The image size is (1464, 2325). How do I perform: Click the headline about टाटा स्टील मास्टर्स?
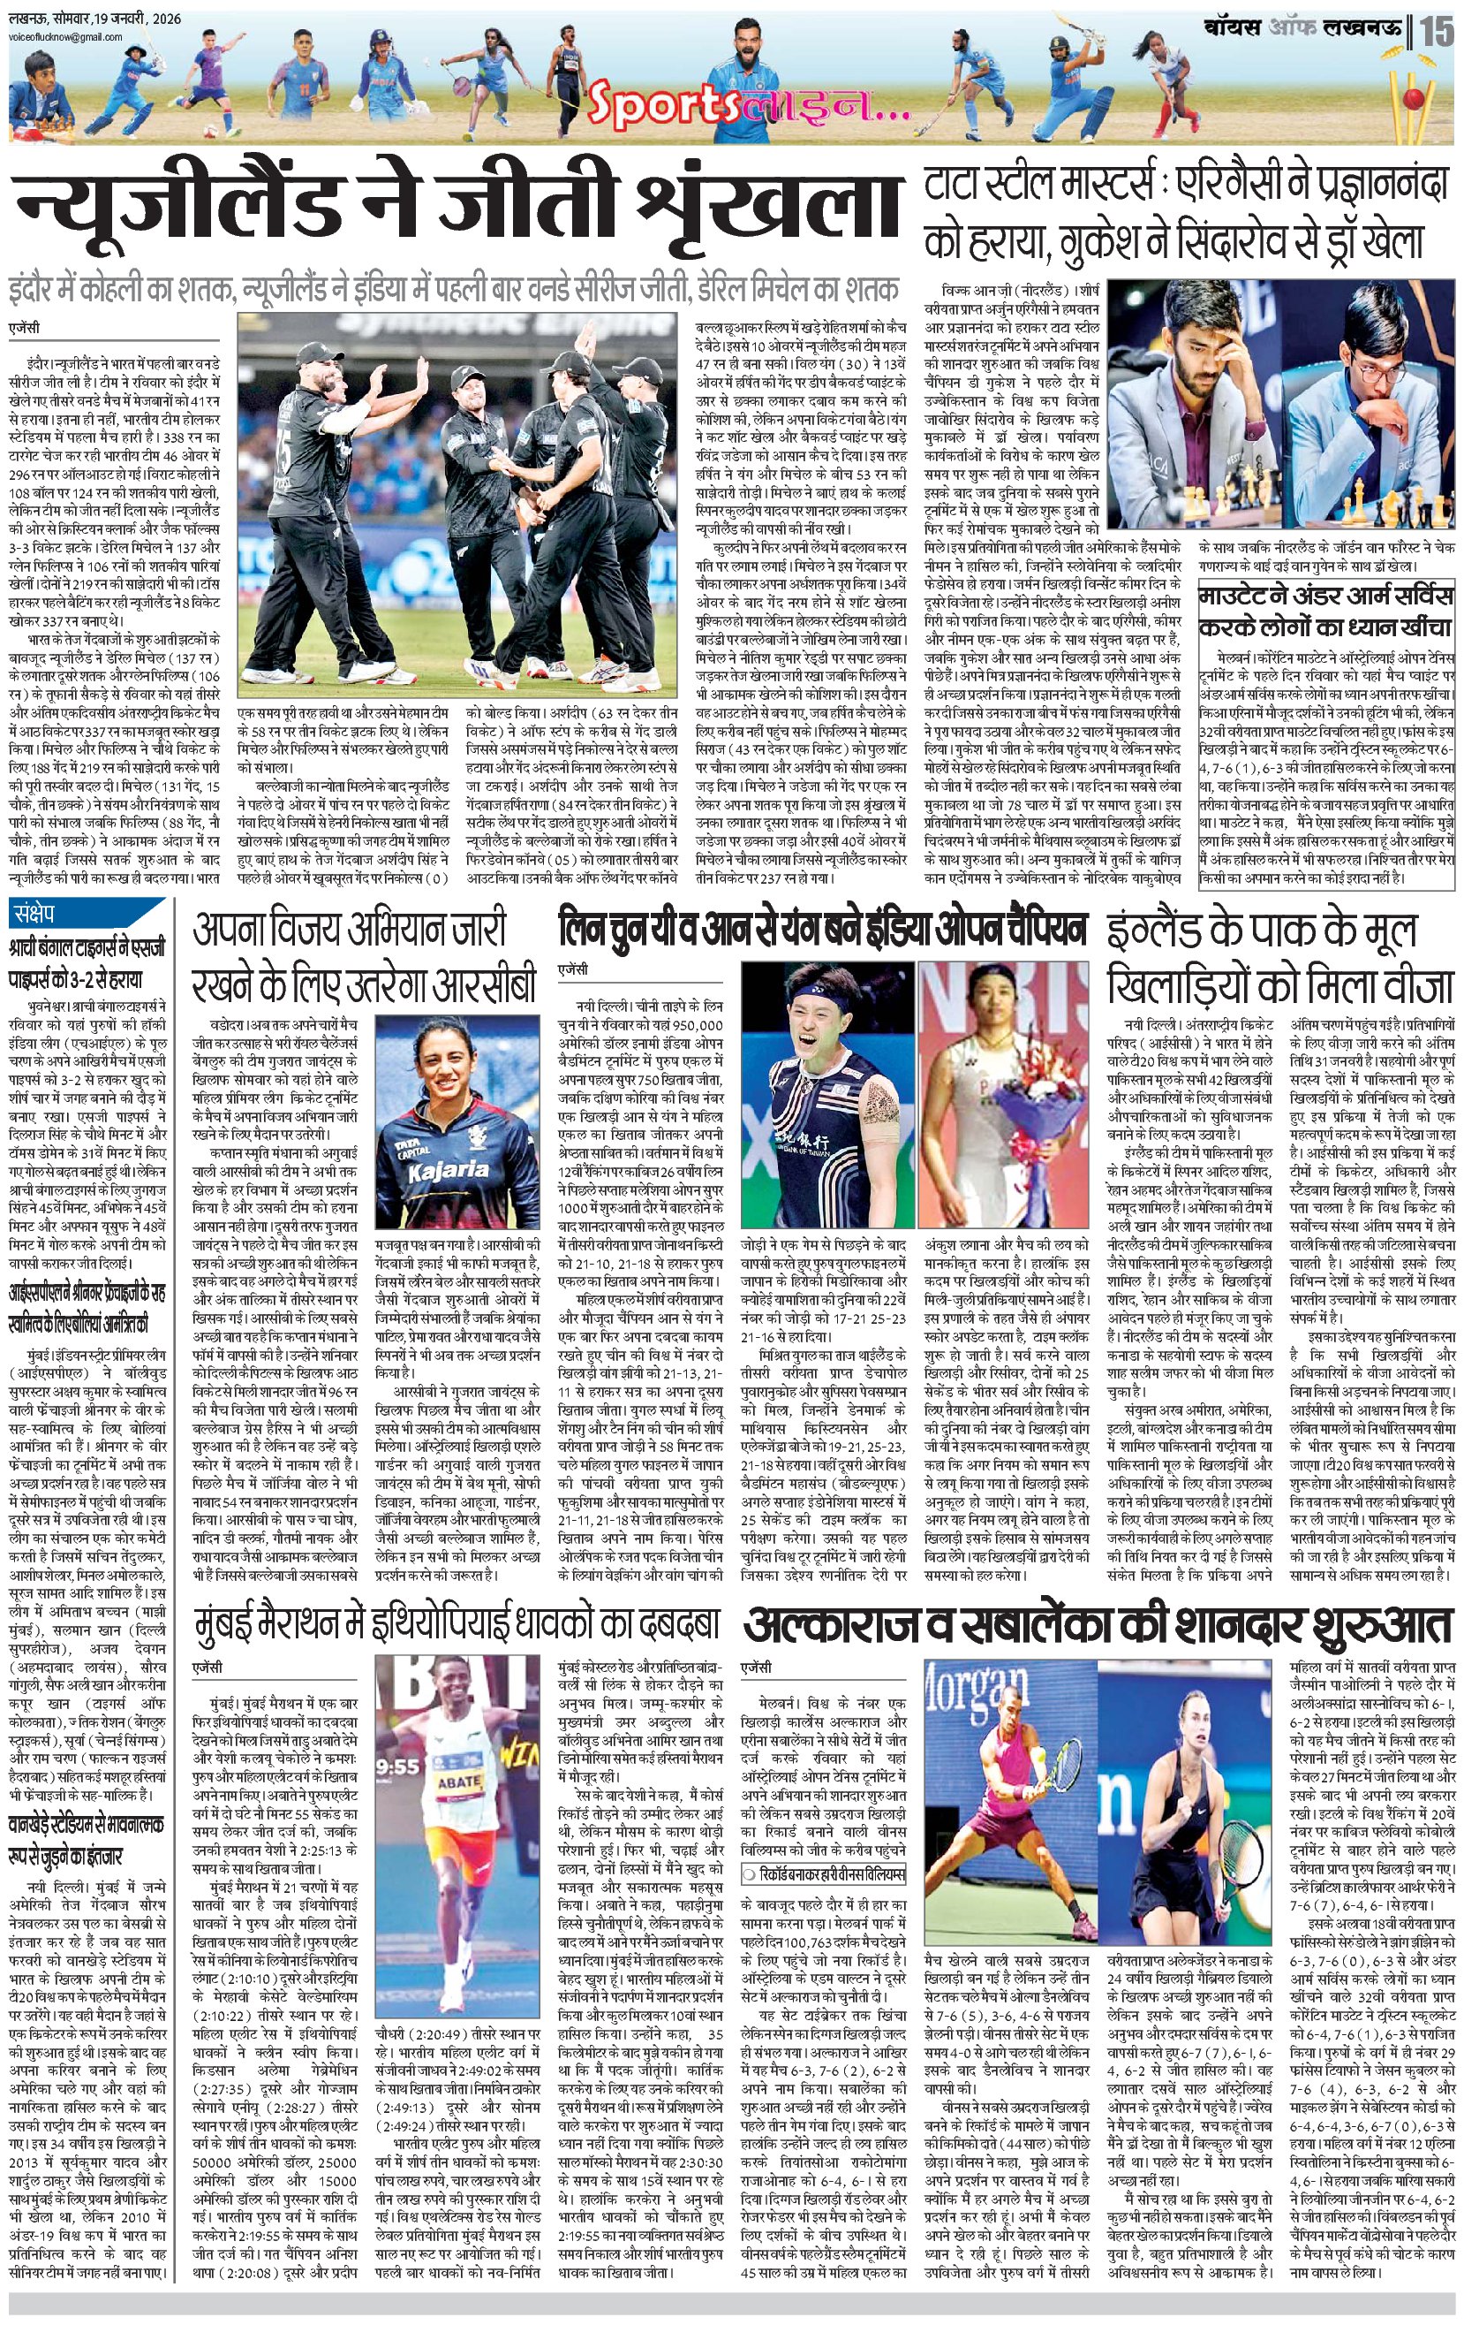click(1186, 215)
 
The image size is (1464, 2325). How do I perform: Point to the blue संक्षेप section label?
click(35, 913)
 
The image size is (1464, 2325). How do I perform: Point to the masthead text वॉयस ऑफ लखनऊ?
click(1302, 28)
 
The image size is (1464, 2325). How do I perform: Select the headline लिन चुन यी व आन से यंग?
click(822, 930)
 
